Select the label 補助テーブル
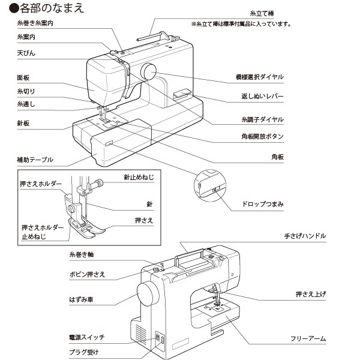(x=35, y=160)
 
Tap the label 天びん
(x=26, y=53)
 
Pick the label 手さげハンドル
(x=305, y=236)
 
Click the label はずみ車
(x=80, y=298)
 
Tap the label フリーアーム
(x=308, y=339)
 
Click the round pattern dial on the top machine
(x=148, y=71)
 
